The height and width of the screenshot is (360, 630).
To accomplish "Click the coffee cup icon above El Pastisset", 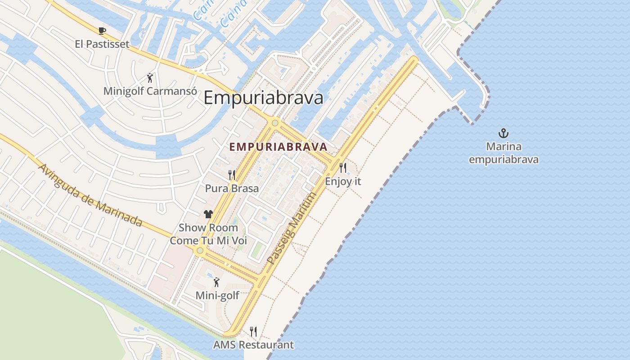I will coord(102,31).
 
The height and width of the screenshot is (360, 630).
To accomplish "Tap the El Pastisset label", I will coord(102,44).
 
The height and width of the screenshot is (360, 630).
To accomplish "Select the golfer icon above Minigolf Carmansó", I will coord(150,78).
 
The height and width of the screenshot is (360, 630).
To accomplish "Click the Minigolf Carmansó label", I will coord(150,91).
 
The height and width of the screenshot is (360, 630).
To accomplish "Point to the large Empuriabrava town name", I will coord(263,98).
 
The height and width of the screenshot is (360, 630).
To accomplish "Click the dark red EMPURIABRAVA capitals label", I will coord(278,147).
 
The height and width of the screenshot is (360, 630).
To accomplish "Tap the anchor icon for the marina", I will coord(504,133).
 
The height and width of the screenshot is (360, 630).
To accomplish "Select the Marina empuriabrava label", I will coord(504,153).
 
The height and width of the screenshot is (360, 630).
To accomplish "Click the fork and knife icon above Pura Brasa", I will coord(232,175).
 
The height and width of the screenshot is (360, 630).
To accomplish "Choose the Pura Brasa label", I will coord(232,188).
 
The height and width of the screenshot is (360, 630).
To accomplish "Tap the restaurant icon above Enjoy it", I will coord(343,168).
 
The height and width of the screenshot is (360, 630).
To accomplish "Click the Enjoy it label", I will coord(343,181).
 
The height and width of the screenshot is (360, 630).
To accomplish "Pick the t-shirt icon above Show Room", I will coord(208,214).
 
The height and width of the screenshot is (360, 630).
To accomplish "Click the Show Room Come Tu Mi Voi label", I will coord(208,234).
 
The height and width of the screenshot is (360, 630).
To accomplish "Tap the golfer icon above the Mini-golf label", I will coord(217,283).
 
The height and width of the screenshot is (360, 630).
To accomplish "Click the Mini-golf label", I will coord(217,296).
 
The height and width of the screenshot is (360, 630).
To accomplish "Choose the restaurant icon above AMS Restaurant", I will coord(253,332).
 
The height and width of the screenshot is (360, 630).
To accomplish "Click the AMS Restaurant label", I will coord(253,345).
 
